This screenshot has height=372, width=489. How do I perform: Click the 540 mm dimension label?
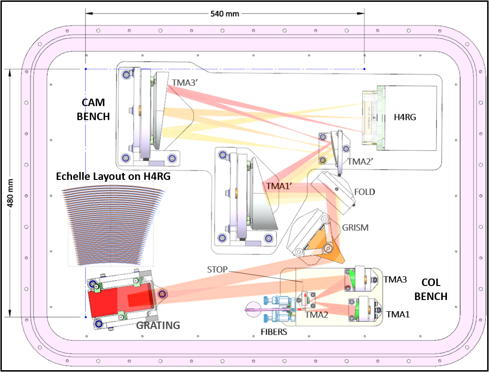(x=225, y=14)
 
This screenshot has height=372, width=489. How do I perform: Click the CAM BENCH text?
(x=93, y=109)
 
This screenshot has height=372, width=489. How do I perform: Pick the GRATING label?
(x=158, y=326)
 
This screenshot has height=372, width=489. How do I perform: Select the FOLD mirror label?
(x=365, y=192)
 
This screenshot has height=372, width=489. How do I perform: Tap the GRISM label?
(x=355, y=228)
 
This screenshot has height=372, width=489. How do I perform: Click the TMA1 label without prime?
(x=398, y=315)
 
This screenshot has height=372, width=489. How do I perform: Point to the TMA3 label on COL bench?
(x=395, y=279)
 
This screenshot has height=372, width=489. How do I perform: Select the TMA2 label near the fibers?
(x=316, y=315)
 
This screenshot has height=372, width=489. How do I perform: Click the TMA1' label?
(x=279, y=186)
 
